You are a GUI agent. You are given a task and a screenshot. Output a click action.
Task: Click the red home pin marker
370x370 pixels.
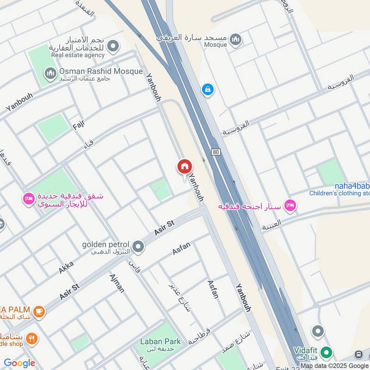[x=184, y=166]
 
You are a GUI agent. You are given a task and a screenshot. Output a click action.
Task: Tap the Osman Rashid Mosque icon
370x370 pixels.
[x=50, y=73]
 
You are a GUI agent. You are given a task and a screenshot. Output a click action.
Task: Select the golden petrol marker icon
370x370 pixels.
[x=138, y=247]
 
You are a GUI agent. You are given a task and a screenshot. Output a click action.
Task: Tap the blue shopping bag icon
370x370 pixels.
[x=208, y=88]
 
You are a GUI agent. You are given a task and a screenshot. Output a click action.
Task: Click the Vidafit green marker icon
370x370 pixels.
[x=327, y=352]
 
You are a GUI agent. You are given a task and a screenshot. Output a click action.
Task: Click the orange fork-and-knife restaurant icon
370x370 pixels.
[x=31, y=339]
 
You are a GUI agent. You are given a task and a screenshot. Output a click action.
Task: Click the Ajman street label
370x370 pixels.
[x=117, y=283]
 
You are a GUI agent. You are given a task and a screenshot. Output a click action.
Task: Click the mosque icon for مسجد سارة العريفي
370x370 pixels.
[x=236, y=40]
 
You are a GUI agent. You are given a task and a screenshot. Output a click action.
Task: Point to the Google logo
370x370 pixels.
[x=19, y=363]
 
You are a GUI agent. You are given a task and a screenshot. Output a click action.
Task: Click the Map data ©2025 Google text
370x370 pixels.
[x=334, y=366]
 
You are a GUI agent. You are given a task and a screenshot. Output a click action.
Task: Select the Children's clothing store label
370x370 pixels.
[x=339, y=193]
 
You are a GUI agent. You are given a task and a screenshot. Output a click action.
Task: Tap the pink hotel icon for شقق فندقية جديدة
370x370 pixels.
[x=29, y=199]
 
